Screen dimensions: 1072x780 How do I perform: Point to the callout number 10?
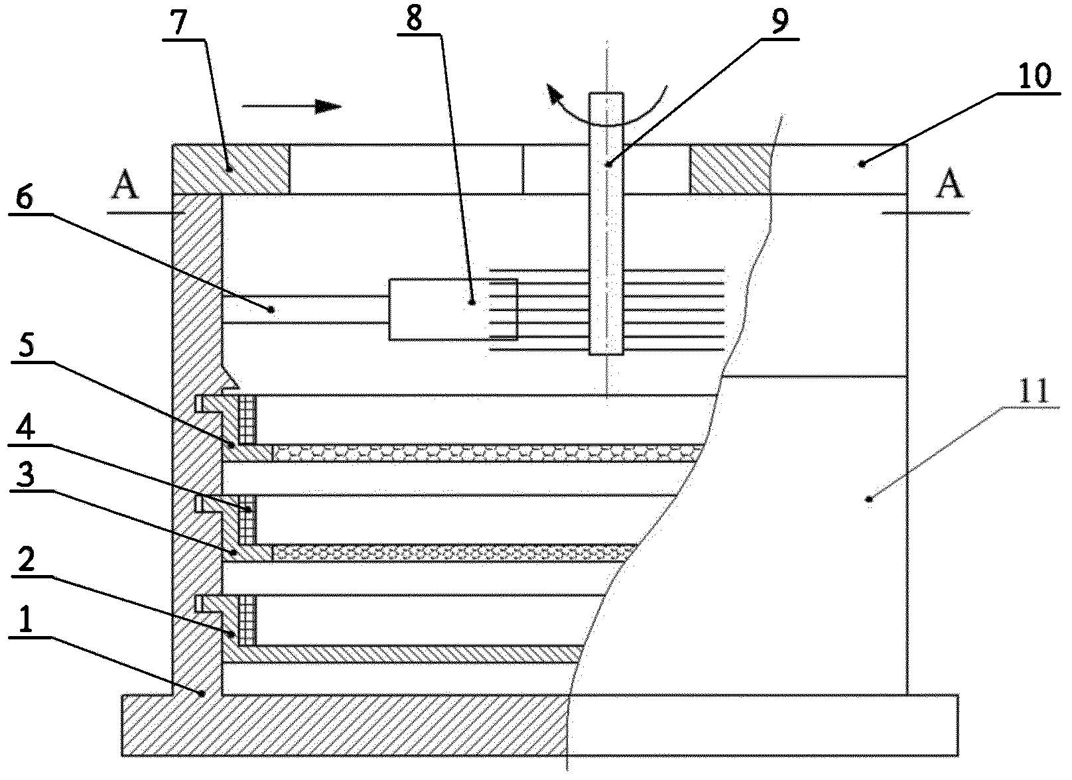point(1034,76)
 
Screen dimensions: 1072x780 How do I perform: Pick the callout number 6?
point(25,197)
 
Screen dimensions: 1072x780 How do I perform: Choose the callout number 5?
point(27,345)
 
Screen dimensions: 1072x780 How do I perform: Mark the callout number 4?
point(26,427)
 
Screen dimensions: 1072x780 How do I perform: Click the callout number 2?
point(27,558)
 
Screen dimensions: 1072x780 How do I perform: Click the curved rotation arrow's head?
point(555,94)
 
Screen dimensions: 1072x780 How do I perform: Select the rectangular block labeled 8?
point(452,310)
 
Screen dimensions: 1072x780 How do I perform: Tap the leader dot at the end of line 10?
point(862,164)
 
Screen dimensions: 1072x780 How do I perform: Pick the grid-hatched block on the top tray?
point(247,419)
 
